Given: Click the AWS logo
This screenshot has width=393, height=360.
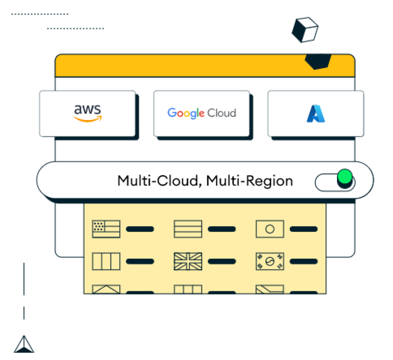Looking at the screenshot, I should [x=88, y=113].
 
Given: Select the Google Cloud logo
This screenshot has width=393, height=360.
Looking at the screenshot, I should [x=201, y=113].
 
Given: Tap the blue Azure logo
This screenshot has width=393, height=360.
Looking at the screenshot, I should [x=315, y=113].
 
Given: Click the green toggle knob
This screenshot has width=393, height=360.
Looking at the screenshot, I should [x=344, y=177].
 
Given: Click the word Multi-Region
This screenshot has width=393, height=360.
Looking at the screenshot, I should [x=249, y=181].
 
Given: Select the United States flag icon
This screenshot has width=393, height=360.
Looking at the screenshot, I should [x=106, y=229].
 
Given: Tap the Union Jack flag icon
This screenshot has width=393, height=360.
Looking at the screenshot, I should [x=188, y=261].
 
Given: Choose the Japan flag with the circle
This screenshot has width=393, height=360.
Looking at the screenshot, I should [x=270, y=229].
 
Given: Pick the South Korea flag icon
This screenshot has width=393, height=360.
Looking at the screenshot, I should [x=270, y=261].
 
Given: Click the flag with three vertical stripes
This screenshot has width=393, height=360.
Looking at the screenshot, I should [x=106, y=261].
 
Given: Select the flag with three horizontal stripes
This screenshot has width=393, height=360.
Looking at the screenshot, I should [x=188, y=229].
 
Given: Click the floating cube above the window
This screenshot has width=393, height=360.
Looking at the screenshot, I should [x=305, y=30].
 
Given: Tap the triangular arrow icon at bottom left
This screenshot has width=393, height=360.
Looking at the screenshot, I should [x=24, y=344].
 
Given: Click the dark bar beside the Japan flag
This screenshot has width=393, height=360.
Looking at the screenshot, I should [x=304, y=229].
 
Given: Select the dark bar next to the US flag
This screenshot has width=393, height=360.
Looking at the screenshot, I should [x=140, y=229].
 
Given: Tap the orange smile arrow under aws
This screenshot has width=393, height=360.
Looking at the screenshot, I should [x=88, y=120].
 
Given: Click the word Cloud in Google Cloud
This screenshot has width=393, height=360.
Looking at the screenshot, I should [x=221, y=113].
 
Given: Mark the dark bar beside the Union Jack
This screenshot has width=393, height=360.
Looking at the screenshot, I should [x=222, y=261].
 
